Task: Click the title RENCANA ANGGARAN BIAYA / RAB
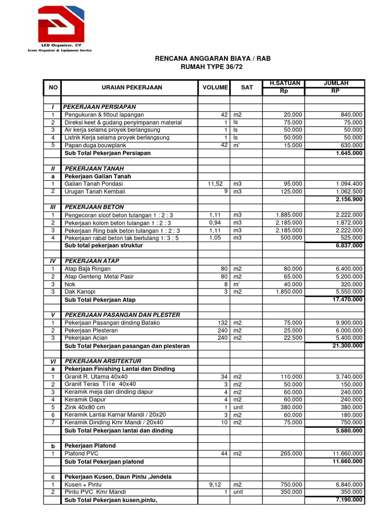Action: coord(213,59)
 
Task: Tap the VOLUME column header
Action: coord(215,87)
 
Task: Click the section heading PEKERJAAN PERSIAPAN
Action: coord(100,107)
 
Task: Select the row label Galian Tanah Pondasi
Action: coord(94,184)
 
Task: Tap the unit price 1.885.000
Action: coord(288,215)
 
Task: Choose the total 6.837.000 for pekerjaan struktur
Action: coord(349,246)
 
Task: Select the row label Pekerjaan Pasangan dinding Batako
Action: coord(112,323)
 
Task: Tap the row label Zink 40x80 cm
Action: coord(85,408)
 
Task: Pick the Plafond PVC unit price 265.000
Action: coord(290,454)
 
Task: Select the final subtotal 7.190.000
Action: coord(349,500)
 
